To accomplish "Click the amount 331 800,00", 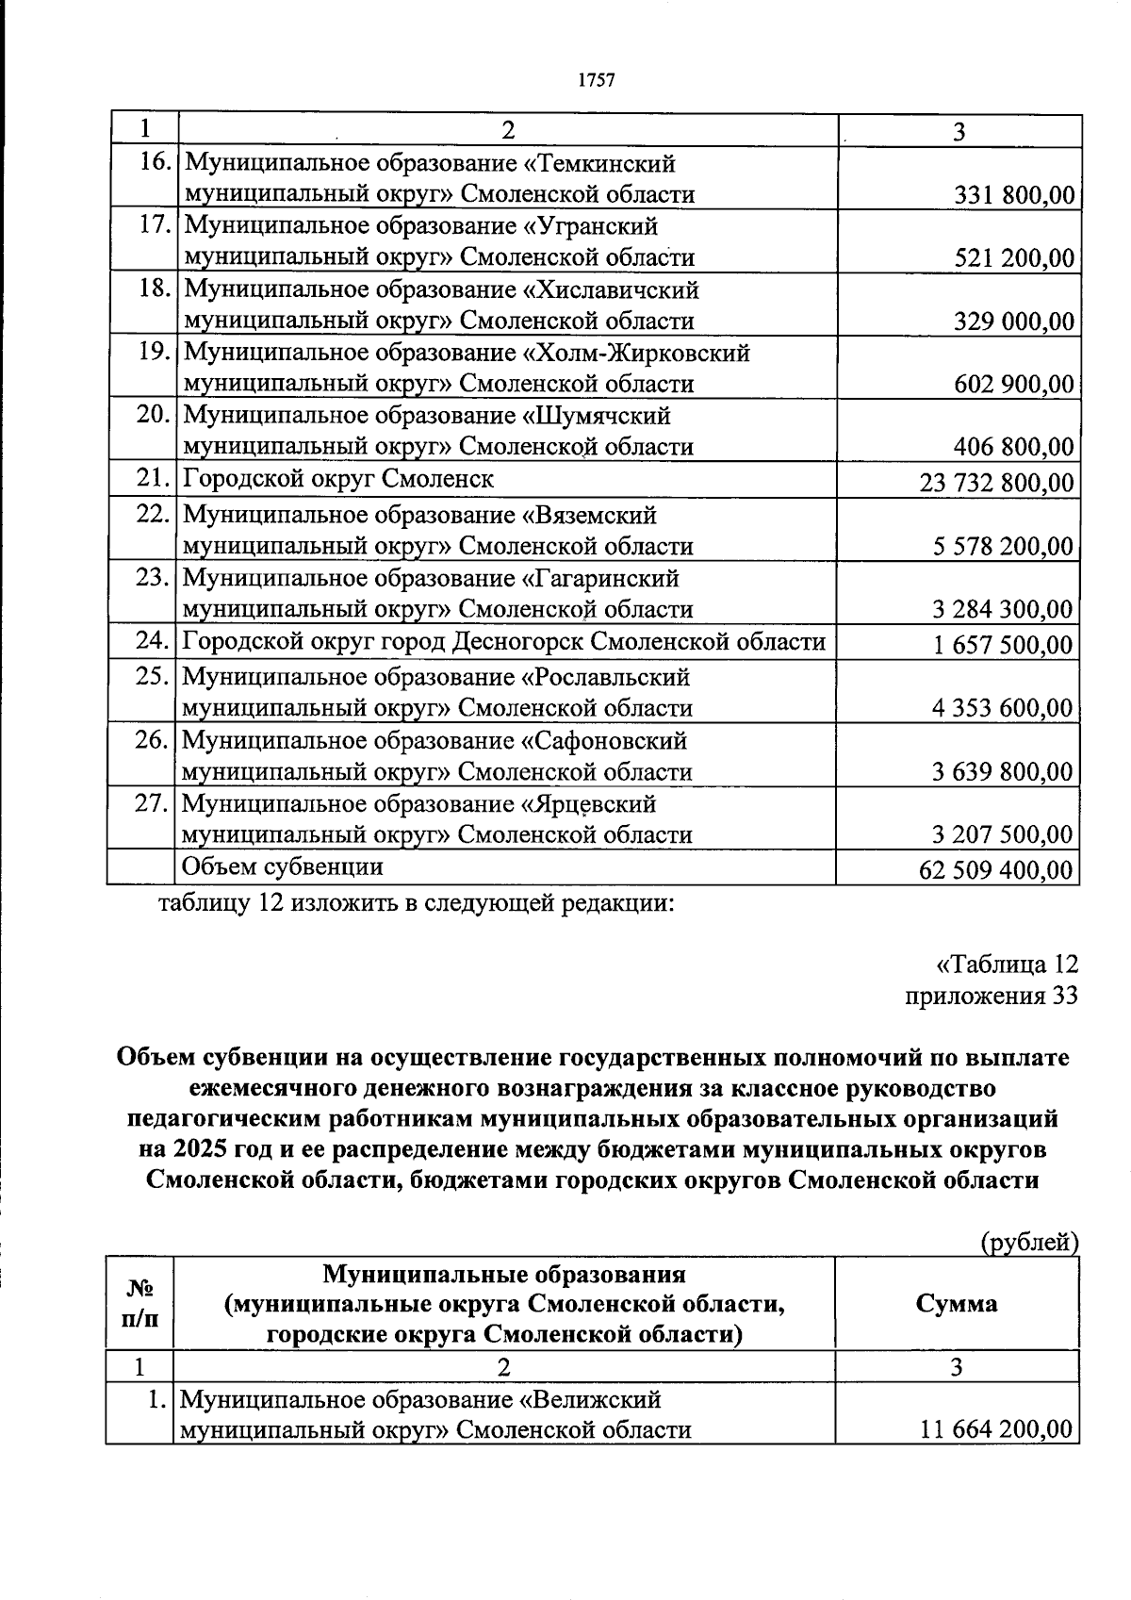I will click(x=1014, y=196).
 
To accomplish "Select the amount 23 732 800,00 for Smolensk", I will click(x=996, y=484).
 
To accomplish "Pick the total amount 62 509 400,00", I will click(x=996, y=870).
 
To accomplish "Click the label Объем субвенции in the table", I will click(x=282, y=866).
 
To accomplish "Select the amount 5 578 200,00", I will click(x=1003, y=547).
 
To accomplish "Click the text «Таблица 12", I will click(x=1006, y=965).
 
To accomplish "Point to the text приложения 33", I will click(x=991, y=996).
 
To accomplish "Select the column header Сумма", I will click(x=956, y=1303).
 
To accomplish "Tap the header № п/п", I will click(x=139, y=1303).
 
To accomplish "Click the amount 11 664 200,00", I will click(x=996, y=1430).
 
